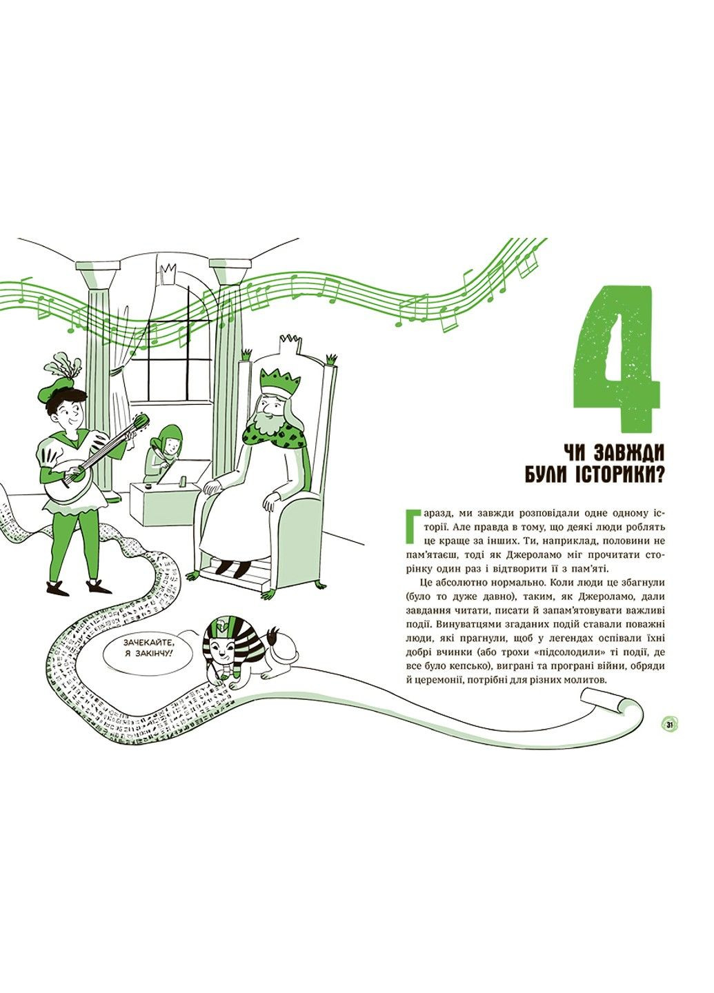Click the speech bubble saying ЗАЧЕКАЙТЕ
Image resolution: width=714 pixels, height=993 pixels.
[148, 650]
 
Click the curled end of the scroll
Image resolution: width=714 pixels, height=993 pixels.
[603, 705]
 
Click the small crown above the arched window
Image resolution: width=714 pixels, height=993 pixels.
[169, 273]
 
